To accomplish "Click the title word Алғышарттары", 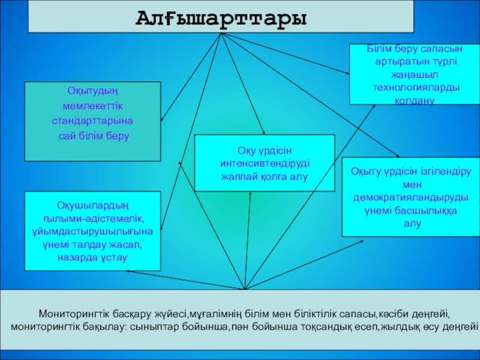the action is point(221,17).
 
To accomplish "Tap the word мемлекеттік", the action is point(92,106).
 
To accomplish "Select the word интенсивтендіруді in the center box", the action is point(265,163).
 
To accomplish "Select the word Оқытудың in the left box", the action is point(92,91).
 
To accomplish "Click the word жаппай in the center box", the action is point(239,176).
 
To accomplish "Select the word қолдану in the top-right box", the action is point(406,102).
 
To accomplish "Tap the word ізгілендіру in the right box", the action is point(442,171).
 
